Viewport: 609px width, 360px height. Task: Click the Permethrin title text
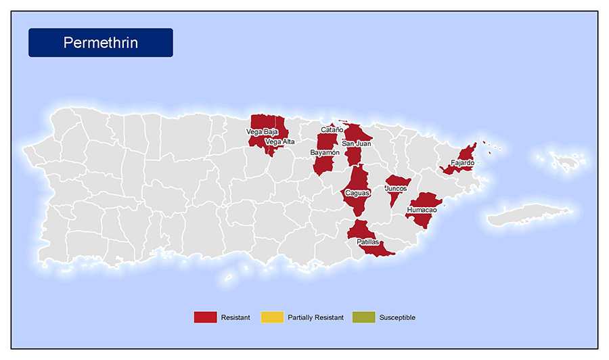100,43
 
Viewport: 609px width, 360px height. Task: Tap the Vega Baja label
262,132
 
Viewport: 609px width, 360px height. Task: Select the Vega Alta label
280,142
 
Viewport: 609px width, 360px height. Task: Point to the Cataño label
332,129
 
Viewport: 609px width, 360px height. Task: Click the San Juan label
356,143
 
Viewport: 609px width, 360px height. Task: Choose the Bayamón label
325,153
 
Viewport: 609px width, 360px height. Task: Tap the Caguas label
357,193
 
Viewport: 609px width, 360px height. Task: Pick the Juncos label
396,188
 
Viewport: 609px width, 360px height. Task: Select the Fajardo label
462,163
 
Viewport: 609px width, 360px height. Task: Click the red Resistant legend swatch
205,317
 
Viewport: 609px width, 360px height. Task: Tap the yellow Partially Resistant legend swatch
272,317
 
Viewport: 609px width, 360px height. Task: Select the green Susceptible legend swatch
363,317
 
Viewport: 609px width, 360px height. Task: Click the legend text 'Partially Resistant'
315,317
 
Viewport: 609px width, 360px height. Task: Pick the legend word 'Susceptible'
397,317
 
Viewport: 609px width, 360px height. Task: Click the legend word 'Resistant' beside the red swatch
235,317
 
